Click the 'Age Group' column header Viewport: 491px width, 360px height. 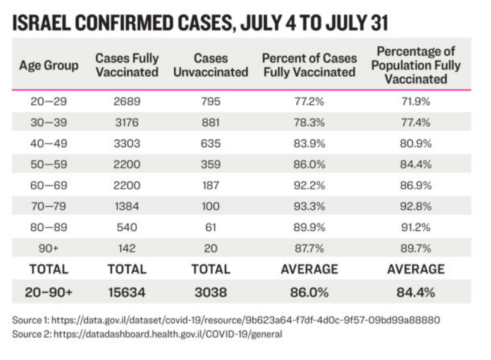point(49,65)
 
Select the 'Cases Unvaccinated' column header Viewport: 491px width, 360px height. point(210,65)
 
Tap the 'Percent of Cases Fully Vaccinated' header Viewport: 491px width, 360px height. point(309,65)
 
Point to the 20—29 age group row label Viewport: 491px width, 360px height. point(49,102)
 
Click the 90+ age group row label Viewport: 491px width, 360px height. point(49,248)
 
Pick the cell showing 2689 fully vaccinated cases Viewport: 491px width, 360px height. point(127,102)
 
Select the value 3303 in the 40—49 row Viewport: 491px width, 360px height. point(127,144)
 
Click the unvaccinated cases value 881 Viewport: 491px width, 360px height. point(210,123)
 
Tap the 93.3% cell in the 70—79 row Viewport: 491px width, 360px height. point(309,206)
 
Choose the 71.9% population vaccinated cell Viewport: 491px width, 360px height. point(415,102)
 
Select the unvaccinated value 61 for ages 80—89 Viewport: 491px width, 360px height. point(210,227)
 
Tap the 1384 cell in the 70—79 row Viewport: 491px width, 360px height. point(127,206)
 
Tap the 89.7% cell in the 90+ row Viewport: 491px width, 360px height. point(415,248)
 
